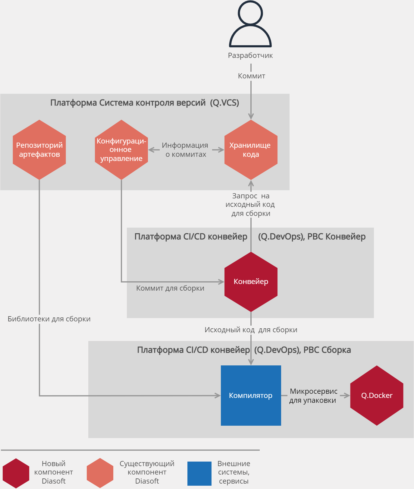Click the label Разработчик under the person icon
coord(250,55)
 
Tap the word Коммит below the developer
coord(251,76)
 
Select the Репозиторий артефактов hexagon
coord(39,150)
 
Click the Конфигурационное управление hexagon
coord(121,150)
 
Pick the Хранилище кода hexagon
coord(251,150)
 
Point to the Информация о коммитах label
coord(185,150)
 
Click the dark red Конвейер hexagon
coord(251,282)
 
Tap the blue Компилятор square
coord(251,396)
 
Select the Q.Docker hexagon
coord(377,396)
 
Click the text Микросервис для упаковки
coord(313,396)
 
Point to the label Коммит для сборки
coord(170,288)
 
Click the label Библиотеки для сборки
coord(49,319)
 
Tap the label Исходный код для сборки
coord(251,330)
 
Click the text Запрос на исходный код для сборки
coord(250,205)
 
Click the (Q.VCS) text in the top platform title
coord(224,103)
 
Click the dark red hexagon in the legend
coord(16,473)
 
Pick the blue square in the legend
coord(199,473)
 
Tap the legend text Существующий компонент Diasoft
coord(147,472)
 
